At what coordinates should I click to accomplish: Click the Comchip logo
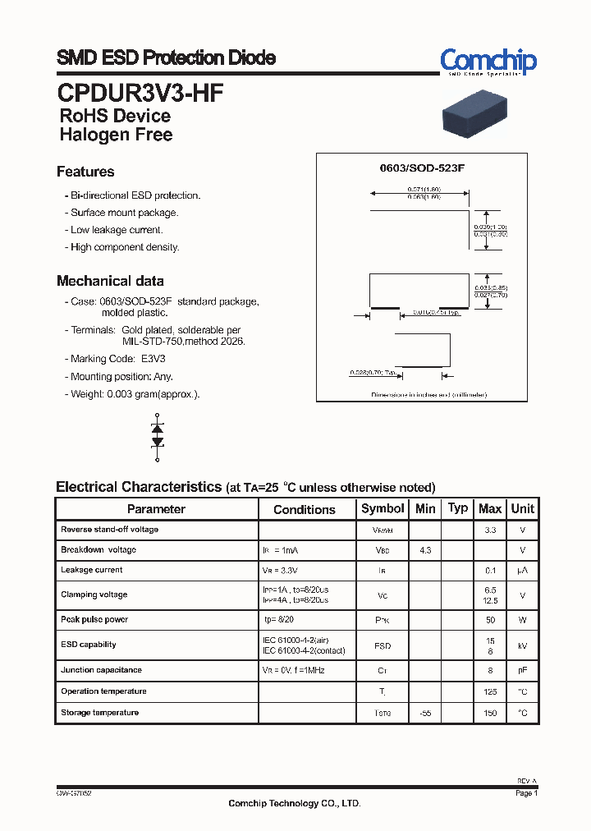click(x=488, y=62)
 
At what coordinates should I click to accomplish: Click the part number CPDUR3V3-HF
click(x=140, y=92)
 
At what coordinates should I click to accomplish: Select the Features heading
click(x=85, y=172)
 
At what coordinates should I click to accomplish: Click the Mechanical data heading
click(x=110, y=281)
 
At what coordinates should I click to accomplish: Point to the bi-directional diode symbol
click(x=158, y=435)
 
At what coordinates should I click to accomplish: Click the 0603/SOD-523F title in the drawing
click(x=422, y=168)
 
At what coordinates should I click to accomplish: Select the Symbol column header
click(x=383, y=508)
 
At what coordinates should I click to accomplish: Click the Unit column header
click(x=522, y=508)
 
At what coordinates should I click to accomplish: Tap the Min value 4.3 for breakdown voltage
click(x=425, y=550)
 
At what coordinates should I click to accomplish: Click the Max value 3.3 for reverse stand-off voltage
click(x=490, y=530)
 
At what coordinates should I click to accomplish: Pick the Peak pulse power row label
click(x=94, y=619)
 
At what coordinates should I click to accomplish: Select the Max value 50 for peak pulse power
click(x=490, y=620)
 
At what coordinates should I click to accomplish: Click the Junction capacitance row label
click(x=101, y=670)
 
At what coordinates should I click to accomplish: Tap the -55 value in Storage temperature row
click(x=425, y=714)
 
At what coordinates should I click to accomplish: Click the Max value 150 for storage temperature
click(x=490, y=714)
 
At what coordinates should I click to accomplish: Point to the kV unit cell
click(x=522, y=646)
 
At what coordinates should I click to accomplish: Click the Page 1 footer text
click(x=526, y=794)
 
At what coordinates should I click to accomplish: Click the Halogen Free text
click(x=116, y=135)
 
